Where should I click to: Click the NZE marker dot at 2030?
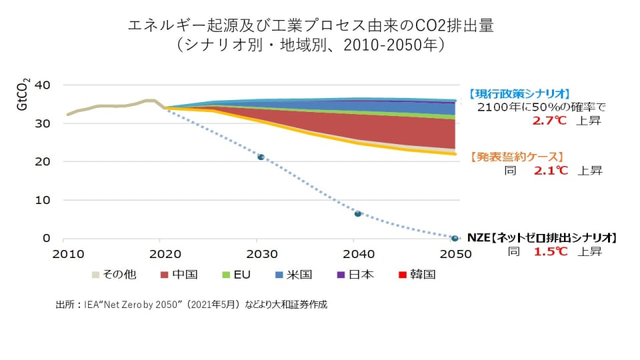click(261, 157)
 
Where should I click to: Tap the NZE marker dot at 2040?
click(358, 214)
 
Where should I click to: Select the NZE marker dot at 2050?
click(455, 238)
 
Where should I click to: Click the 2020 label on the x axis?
click(164, 253)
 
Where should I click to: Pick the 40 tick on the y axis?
click(42, 85)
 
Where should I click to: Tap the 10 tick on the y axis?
click(42, 200)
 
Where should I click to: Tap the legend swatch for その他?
click(96, 275)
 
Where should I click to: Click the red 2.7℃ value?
click(550, 121)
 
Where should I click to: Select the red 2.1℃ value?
click(550, 171)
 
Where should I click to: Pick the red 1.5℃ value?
click(550, 252)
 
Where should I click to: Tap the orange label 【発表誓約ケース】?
click(517, 157)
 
